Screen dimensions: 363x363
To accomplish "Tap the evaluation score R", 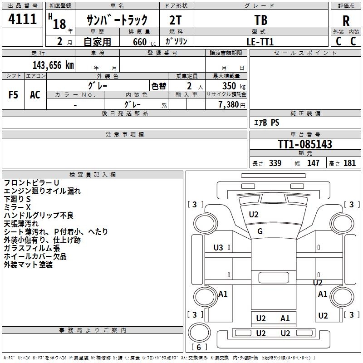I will point(346,20).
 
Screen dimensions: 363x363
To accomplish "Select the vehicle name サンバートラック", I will point(117,20).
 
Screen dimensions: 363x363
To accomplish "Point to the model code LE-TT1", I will point(260,41).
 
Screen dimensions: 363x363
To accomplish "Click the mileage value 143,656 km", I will point(53,65).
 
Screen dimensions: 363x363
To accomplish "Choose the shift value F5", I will point(14,94).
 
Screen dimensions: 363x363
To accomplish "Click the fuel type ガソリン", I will point(177,41).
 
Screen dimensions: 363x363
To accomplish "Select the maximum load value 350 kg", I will point(234,86).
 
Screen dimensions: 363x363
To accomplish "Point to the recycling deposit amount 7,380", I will point(231,105).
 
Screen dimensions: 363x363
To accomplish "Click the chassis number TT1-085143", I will point(305,145).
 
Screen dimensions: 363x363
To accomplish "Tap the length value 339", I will point(275,163).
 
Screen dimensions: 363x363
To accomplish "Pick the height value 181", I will point(349,163).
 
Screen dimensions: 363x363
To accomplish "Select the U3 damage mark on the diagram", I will point(218,248).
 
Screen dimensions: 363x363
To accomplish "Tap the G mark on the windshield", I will point(260,232).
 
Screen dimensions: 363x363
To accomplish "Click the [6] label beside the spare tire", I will point(199,348).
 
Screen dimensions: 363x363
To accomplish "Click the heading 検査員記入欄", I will point(93,175).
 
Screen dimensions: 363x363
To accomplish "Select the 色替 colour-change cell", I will point(158,86).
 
